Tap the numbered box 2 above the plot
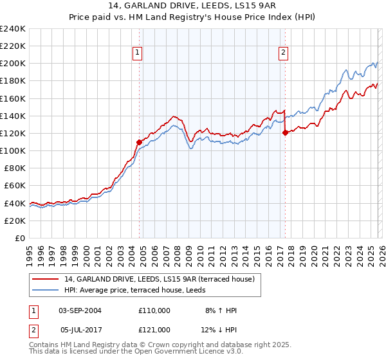[x=284, y=53]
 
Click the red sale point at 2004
[x=139, y=141]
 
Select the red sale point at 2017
[x=285, y=132]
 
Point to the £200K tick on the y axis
[x=13, y=64]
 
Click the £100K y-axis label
[x=13, y=150]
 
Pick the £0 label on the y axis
[x=19, y=238]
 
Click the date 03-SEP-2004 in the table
[x=80, y=310]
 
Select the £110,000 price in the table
[x=154, y=310]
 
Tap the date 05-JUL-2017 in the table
[x=80, y=329]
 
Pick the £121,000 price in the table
[x=154, y=329]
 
